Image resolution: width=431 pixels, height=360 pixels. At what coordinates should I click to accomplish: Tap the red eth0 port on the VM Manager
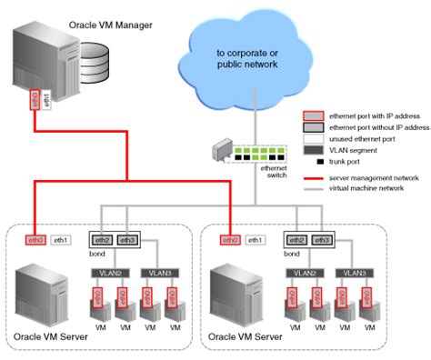pyautogui.click(x=35, y=99)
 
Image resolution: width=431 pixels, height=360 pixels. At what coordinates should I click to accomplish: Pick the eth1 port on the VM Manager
pyautogui.click(x=46, y=101)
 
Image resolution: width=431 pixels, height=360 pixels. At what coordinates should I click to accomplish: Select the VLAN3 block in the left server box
pyautogui.click(x=160, y=272)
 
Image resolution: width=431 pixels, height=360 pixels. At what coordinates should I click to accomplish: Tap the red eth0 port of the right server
pyautogui.click(x=231, y=240)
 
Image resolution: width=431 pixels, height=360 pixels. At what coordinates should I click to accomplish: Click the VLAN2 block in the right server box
pyautogui.click(x=304, y=272)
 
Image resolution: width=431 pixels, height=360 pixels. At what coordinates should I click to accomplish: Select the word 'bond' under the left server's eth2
pyautogui.click(x=97, y=254)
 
